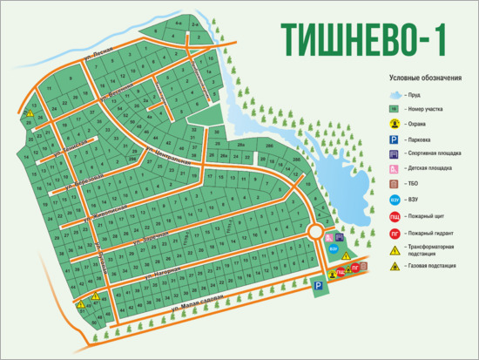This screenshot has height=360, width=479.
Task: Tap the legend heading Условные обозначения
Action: click(425, 78)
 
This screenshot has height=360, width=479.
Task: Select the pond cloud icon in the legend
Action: click(394, 94)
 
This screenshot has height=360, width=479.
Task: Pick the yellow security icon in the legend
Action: click(394, 125)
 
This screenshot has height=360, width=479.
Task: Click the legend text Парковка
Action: click(421, 139)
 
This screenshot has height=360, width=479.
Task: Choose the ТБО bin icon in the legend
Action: click(394, 184)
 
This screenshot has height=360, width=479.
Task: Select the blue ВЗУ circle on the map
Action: click(334, 248)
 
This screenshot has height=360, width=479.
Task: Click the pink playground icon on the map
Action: click(329, 237)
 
